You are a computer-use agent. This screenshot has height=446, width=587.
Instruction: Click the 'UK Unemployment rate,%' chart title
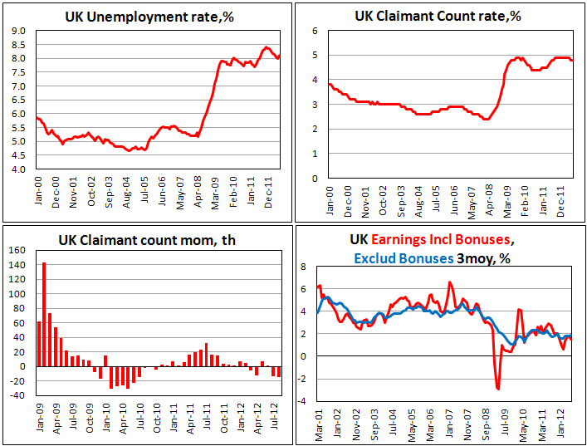(x=146, y=17)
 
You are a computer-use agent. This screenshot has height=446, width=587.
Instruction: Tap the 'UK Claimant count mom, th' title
(x=146, y=241)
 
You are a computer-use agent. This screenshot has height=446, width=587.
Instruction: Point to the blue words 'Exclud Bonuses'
(x=403, y=257)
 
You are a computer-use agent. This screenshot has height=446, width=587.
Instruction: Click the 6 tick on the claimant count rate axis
(x=315, y=30)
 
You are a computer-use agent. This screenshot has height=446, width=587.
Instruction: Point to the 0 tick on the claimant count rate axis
(x=315, y=178)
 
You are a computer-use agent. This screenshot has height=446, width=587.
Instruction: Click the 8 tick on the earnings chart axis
(x=304, y=267)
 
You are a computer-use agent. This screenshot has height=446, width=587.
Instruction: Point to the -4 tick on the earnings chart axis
(x=302, y=401)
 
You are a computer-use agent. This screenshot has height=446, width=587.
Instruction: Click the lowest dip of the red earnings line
(x=498, y=388)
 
